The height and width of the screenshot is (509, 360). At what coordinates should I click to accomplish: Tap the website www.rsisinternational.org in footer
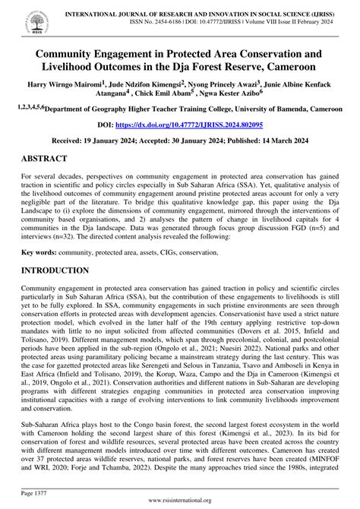[x=180, y=501]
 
